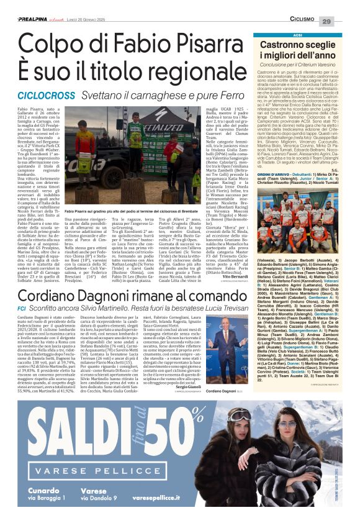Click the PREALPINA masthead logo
[x=30, y=20]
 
